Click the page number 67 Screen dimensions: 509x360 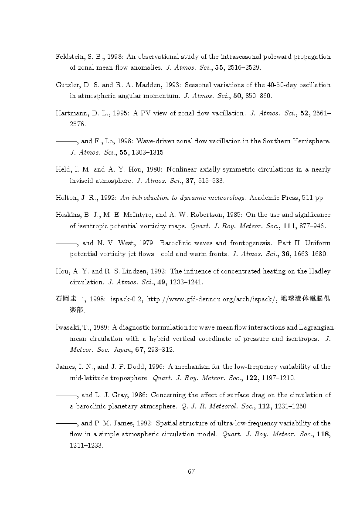pos(190,471)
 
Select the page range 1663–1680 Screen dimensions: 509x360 pos(310,254)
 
